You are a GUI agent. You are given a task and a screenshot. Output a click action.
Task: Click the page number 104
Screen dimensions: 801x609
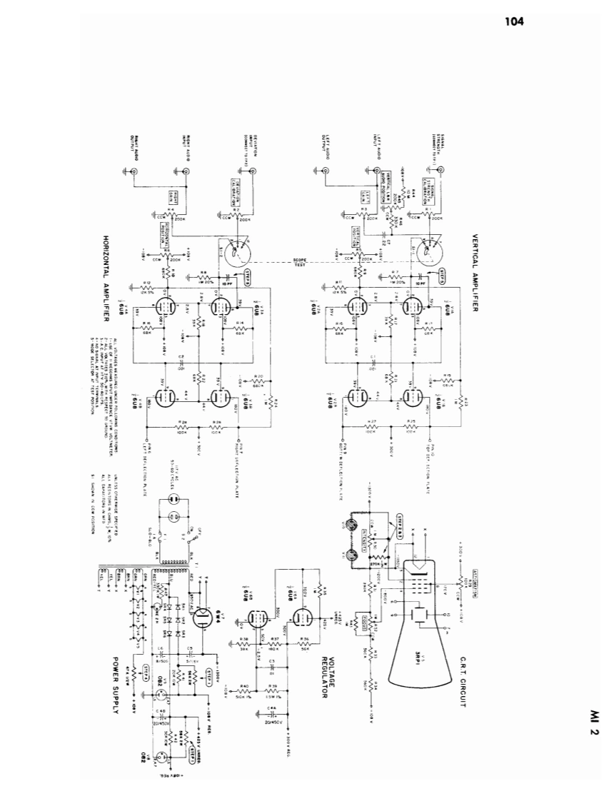coord(513,21)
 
